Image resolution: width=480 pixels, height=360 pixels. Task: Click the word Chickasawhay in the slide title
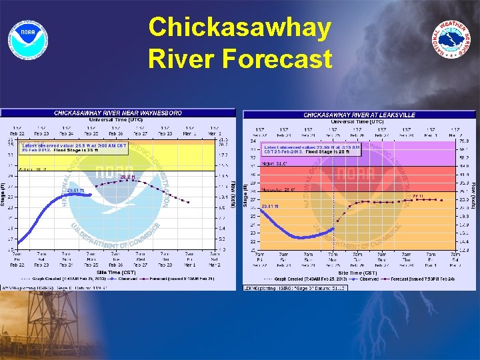(239, 28)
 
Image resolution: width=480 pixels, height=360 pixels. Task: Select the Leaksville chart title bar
(359, 115)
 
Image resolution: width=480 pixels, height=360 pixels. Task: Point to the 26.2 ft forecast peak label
(127, 177)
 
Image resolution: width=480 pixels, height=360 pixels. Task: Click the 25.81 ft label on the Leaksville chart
(270, 207)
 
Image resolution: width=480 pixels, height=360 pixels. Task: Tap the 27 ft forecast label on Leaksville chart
(417, 196)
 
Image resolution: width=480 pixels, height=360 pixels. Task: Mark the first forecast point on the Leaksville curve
(338, 219)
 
